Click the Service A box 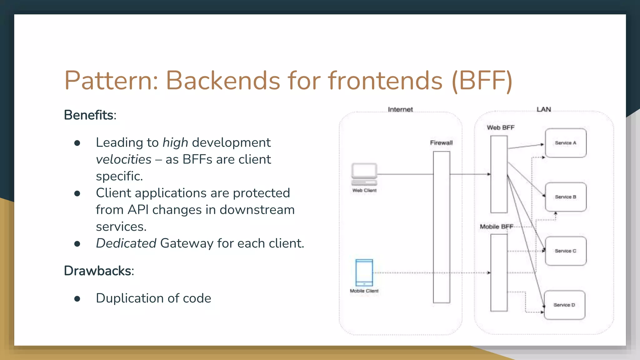click(x=566, y=143)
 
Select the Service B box click(x=566, y=197)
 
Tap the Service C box click(x=566, y=251)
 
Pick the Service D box click(x=564, y=305)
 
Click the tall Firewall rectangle click(x=442, y=227)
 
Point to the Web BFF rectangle click(x=499, y=174)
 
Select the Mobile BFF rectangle click(x=499, y=272)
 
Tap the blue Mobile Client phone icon click(x=364, y=272)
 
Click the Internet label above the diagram click(x=400, y=109)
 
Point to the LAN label click(x=544, y=109)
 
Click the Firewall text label click(x=441, y=143)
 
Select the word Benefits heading click(x=89, y=115)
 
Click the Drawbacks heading click(x=97, y=271)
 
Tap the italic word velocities click(x=124, y=159)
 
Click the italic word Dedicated click(x=126, y=243)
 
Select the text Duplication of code click(x=153, y=298)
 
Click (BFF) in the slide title click(x=482, y=81)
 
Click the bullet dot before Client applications click(x=77, y=193)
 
